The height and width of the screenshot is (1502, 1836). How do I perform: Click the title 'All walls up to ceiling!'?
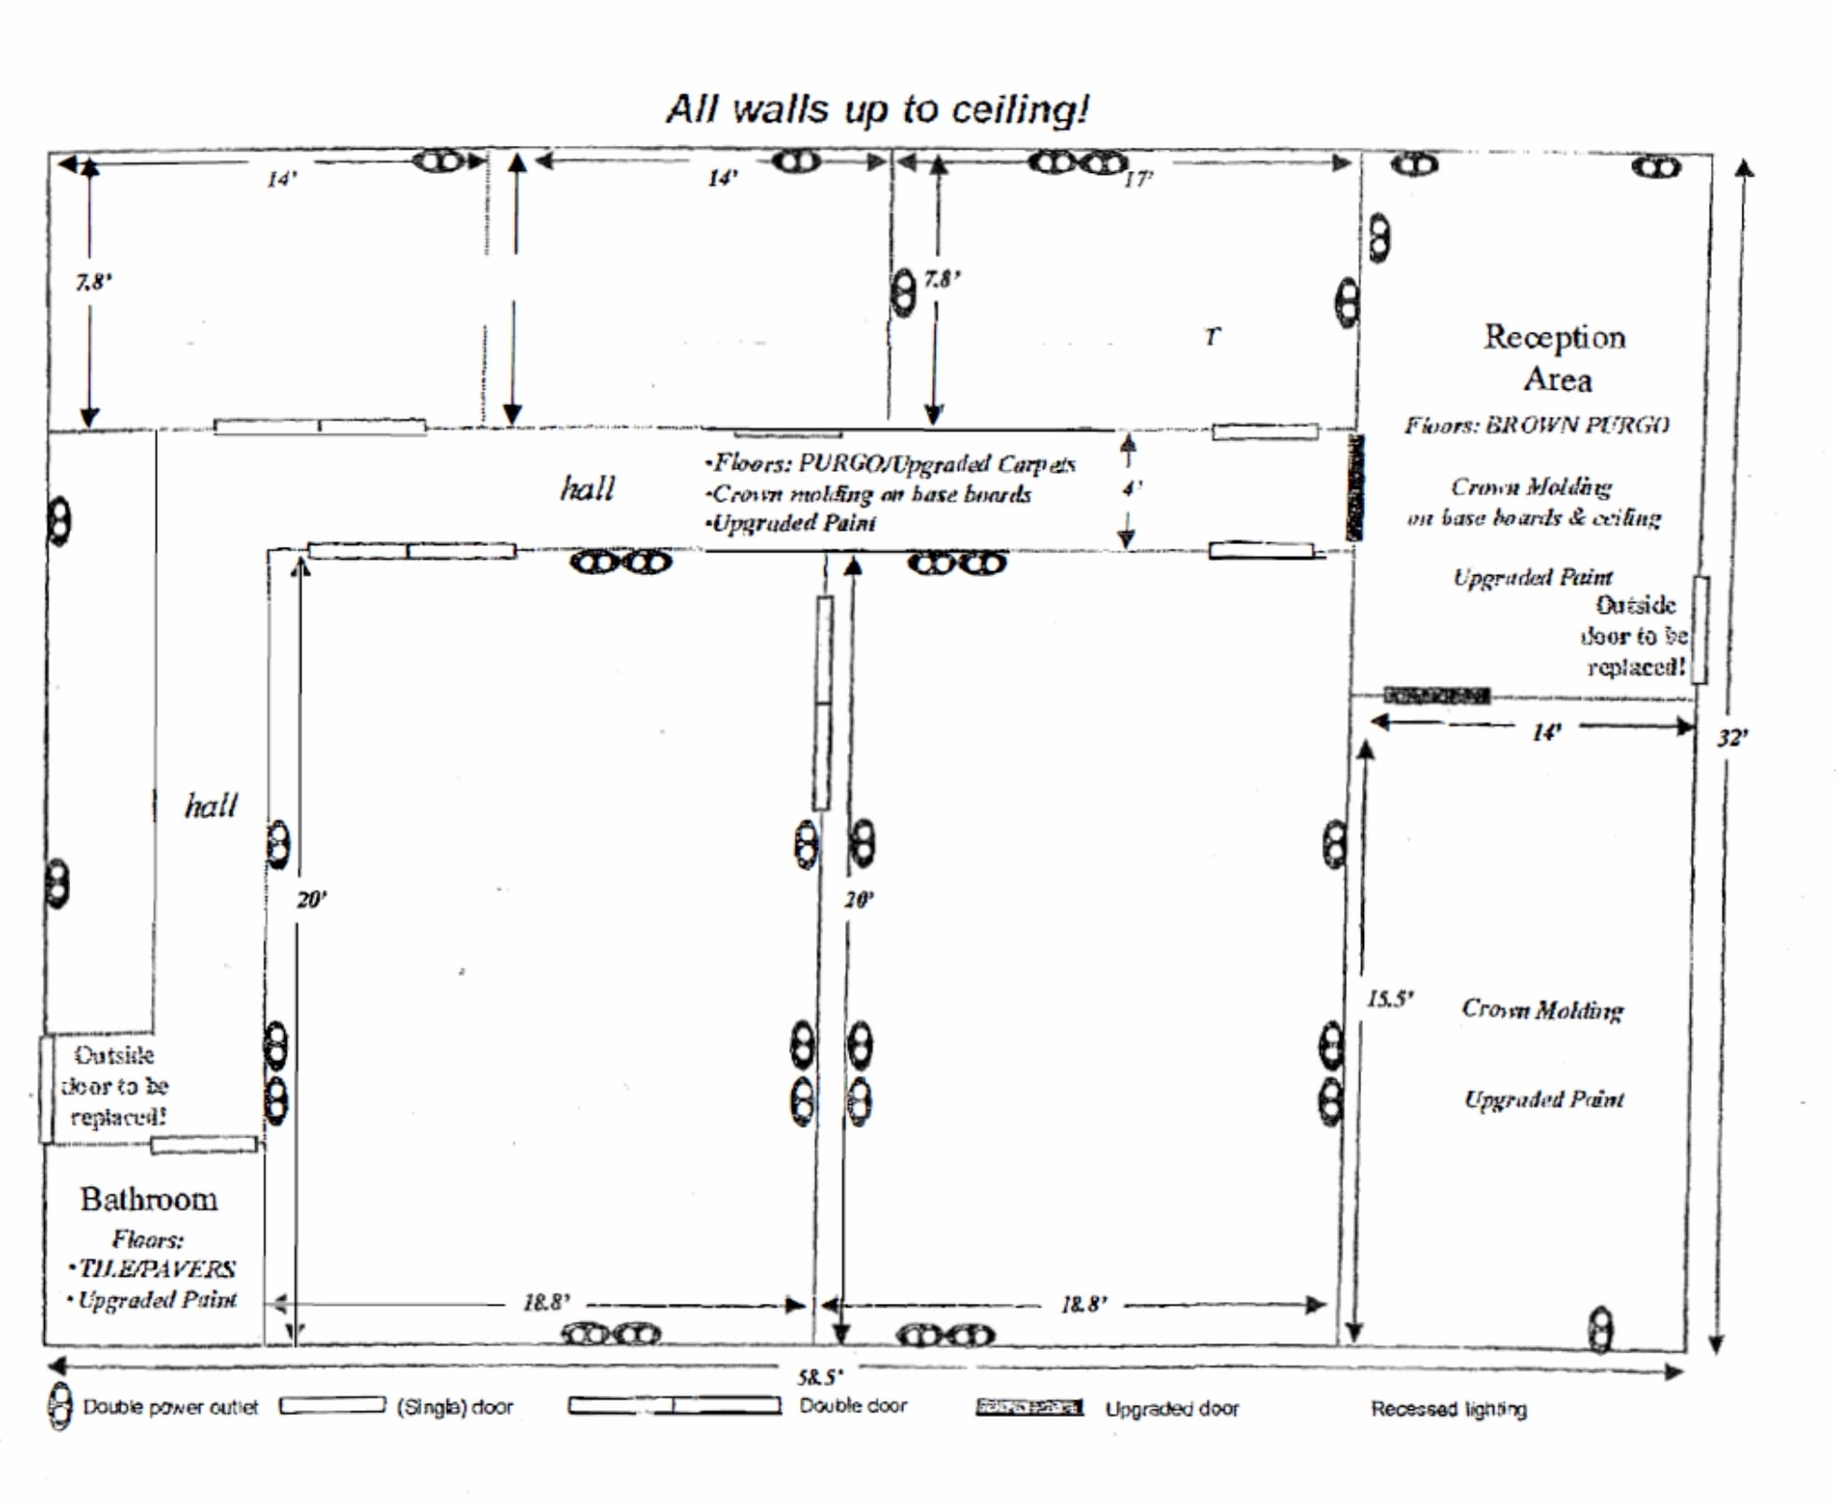(x=877, y=110)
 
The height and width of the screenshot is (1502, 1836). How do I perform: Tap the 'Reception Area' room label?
(x=1555, y=358)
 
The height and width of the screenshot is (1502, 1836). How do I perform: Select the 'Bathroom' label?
(x=149, y=1199)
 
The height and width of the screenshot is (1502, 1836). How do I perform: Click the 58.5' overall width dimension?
(x=819, y=1377)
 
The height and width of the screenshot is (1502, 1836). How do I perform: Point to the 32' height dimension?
(x=1731, y=738)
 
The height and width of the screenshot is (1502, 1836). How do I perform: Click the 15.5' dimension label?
(x=1390, y=999)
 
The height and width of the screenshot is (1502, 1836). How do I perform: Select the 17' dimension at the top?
(x=1138, y=179)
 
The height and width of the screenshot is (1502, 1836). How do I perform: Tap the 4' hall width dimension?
(x=1132, y=489)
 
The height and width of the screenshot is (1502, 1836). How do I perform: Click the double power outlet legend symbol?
(x=60, y=1407)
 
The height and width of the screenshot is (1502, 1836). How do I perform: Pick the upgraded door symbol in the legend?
(x=1028, y=1408)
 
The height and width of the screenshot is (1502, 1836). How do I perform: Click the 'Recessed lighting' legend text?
(x=1448, y=1409)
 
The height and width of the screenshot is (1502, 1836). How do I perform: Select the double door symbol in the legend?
(x=674, y=1406)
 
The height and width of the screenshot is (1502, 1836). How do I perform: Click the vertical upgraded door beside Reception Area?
(x=1354, y=487)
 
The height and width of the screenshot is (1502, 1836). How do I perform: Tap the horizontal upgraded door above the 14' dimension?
(x=1436, y=695)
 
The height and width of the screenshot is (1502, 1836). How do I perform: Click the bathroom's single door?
(x=204, y=1144)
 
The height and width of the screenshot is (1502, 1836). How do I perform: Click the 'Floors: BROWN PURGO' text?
(x=1536, y=425)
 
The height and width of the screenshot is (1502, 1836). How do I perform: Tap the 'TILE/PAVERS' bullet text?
(x=157, y=1268)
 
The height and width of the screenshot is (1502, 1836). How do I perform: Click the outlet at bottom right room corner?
(x=1600, y=1329)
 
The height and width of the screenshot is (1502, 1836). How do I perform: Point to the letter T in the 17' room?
(x=1212, y=336)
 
